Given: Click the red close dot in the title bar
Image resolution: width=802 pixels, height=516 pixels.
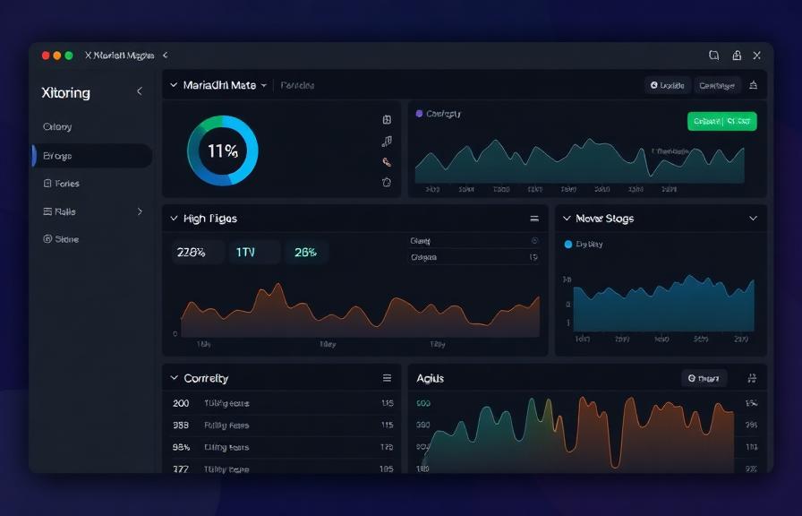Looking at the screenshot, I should click(46, 56).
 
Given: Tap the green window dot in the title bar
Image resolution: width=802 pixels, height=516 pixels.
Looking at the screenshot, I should click(69, 56).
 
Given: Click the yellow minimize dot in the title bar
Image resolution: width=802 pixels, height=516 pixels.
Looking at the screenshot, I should click(57, 56).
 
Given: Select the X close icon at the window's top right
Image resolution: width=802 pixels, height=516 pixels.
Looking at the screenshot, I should click(757, 56).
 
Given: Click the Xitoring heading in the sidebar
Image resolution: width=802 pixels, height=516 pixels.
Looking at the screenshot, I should click(66, 92).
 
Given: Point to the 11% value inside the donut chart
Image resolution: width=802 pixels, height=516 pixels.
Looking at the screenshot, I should click(222, 151).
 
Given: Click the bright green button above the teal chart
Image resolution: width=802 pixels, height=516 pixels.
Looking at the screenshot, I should click(721, 121).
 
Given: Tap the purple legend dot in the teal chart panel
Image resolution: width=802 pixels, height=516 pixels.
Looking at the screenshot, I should click(418, 114).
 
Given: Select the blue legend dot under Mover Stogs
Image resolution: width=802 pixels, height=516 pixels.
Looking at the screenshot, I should click(567, 244).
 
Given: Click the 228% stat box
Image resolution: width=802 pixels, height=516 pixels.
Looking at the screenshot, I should click(192, 253).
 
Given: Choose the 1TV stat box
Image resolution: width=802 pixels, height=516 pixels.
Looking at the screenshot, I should click(245, 253).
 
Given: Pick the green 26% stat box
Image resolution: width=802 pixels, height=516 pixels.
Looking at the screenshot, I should click(305, 253).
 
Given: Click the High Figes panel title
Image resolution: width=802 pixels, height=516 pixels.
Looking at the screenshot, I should click(209, 219).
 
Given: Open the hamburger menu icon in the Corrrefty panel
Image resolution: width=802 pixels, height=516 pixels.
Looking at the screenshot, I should click(388, 378).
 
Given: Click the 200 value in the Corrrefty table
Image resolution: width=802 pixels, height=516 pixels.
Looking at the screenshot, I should click(181, 403).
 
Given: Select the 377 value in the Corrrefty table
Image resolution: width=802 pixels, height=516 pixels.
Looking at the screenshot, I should click(181, 469).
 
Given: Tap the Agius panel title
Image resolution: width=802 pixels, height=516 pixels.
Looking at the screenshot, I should click(430, 378).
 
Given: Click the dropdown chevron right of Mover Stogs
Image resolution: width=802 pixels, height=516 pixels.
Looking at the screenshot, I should click(752, 219).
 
